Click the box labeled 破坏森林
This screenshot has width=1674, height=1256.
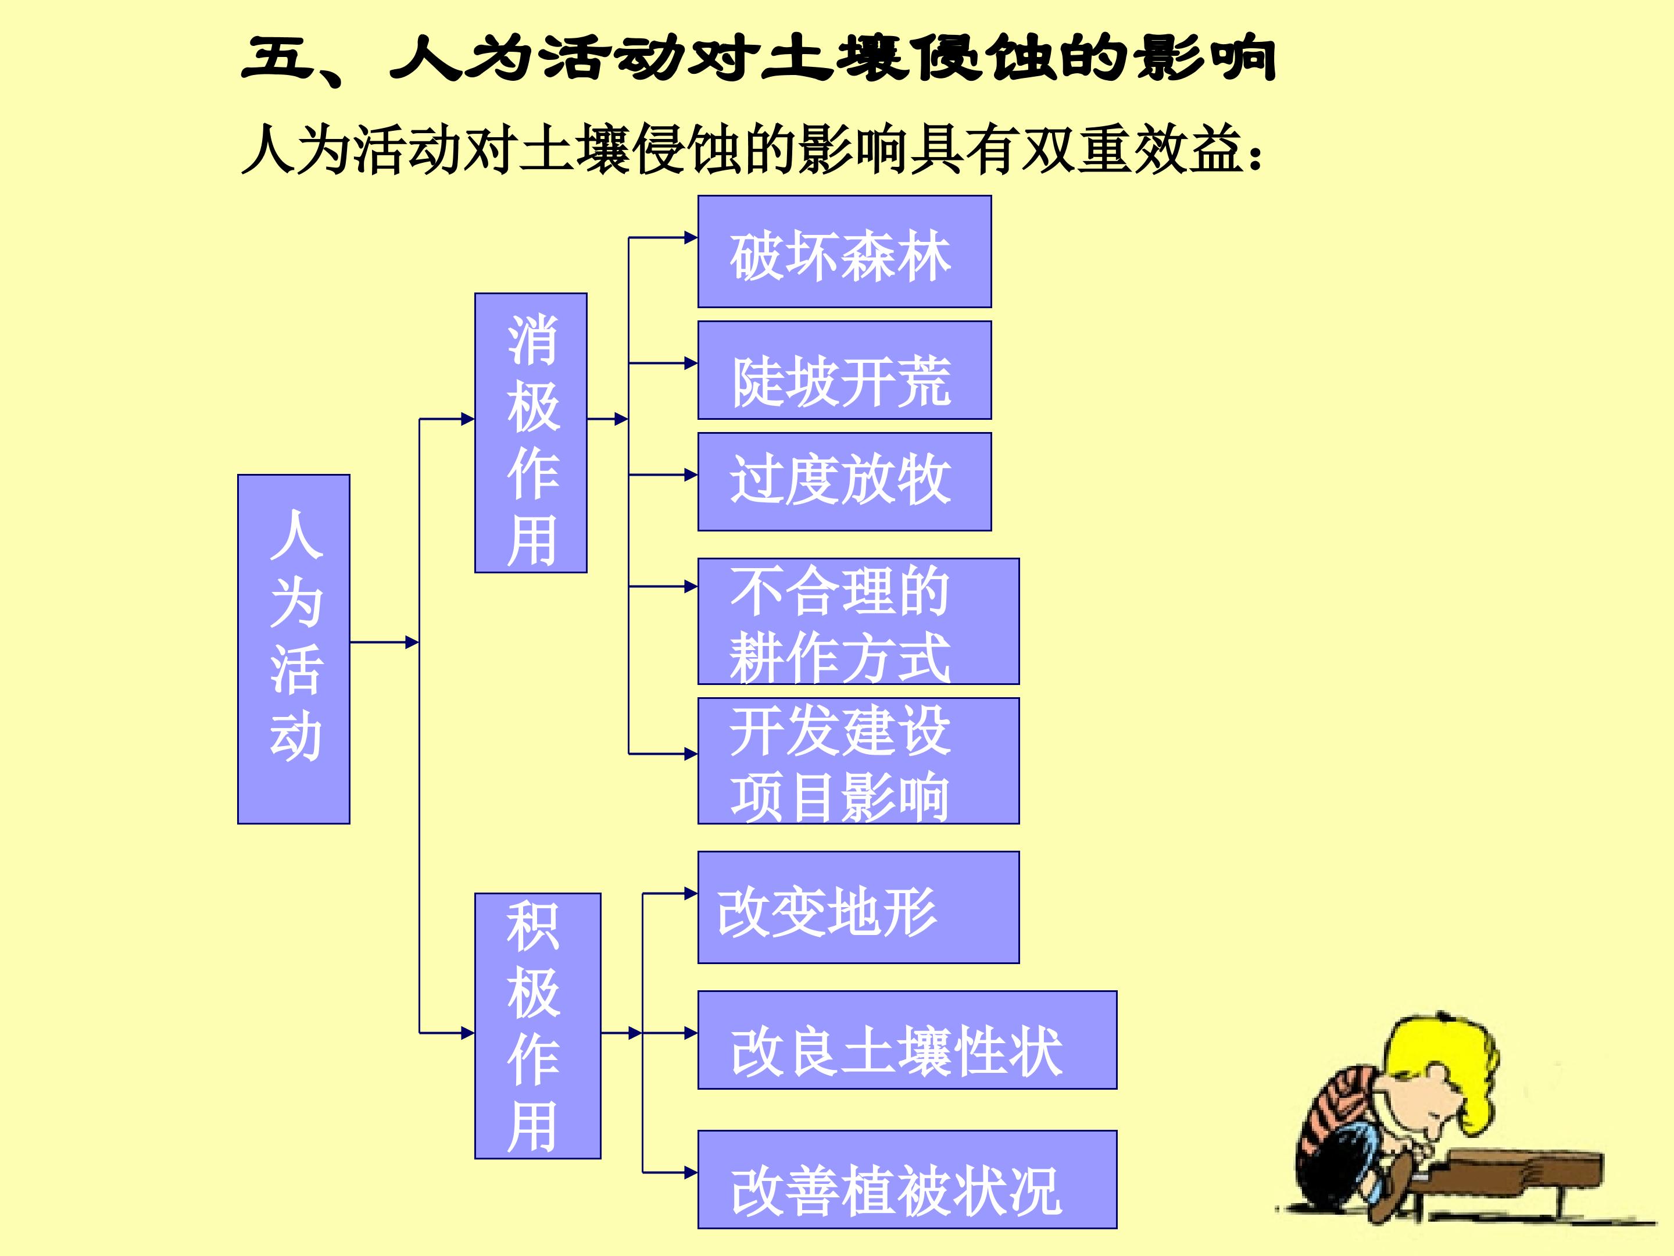pos(844,251)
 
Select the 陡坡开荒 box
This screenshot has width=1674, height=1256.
pos(844,370)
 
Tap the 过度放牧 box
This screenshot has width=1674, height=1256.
pos(844,481)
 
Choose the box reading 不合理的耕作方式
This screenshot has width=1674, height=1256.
pos(858,622)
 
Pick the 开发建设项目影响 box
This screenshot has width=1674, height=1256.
pos(858,761)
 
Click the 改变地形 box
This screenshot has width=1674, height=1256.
pos(858,907)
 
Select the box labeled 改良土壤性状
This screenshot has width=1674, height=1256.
pos(907,1040)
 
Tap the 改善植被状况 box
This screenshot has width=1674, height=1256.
pos(907,1179)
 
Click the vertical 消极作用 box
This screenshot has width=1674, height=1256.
pos(531,432)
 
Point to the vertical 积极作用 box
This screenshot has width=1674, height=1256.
pos(537,1026)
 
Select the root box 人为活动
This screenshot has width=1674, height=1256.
pos(294,649)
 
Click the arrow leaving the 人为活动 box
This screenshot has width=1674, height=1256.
pos(384,643)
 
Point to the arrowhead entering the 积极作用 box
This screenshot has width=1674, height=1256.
pos(468,1033)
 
